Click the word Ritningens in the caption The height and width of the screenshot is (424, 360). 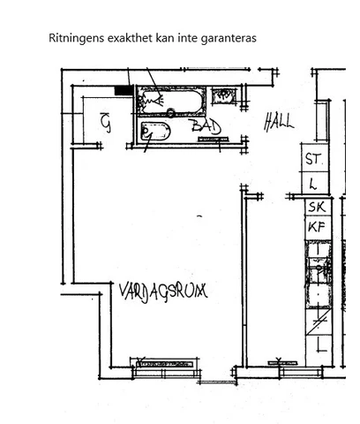point(76,39)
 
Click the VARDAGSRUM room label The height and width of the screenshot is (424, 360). point(163,289)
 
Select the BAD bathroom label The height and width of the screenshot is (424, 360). point(206,128)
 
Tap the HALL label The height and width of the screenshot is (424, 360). point(279,122)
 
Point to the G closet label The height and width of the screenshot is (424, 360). point(106,122)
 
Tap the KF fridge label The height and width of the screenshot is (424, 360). point(316,227)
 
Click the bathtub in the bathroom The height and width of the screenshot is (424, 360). point(172,102)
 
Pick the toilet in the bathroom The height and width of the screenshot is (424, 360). point(156,133)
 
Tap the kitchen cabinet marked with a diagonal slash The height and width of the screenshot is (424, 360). point(317,319)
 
